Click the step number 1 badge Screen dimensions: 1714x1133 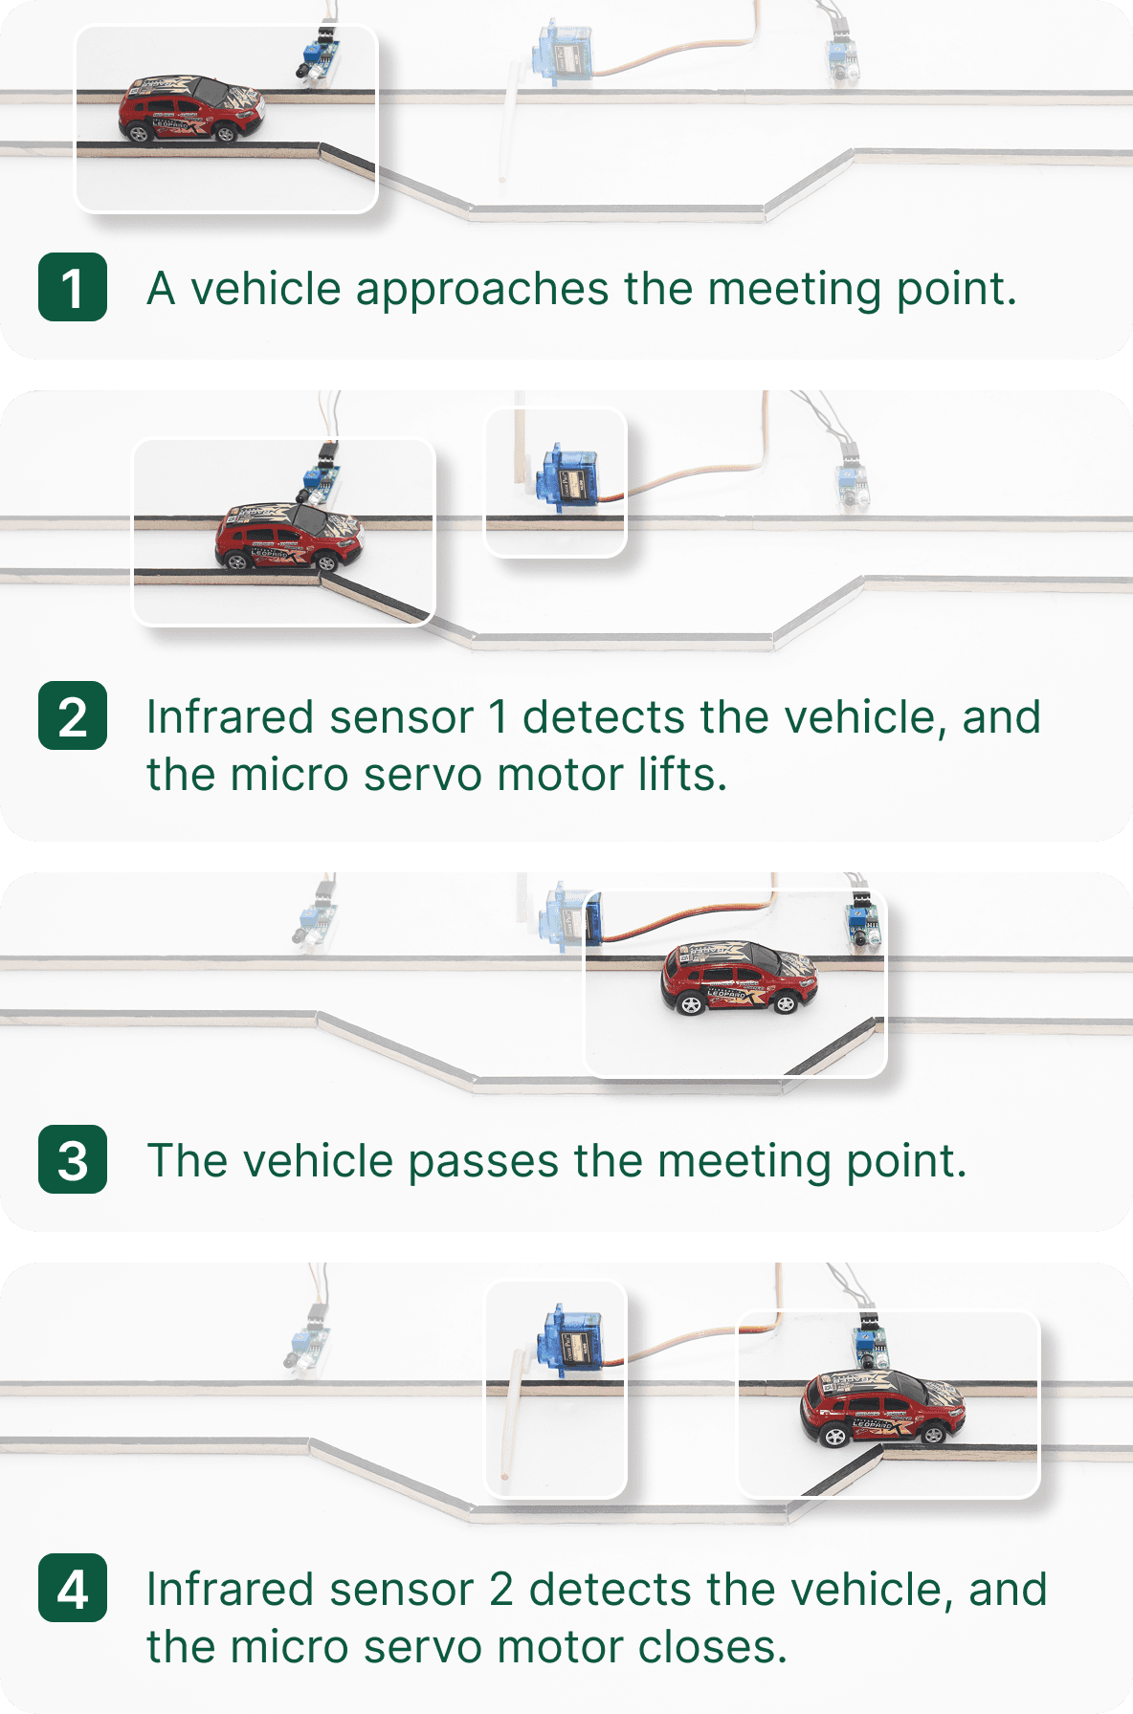pyautogui.click(x=73, y=287)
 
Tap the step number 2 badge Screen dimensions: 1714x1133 pyautogui.click(x=73, y=715)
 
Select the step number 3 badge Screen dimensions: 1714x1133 pyautogui.click(x=73, y=1159)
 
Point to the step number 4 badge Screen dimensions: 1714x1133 pyautogui.click(x=73, y=1588)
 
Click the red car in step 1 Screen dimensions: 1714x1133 pyautogui.click(x=191, y=111)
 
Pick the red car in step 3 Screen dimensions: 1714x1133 pyautogui.click(x=738, y=978)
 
